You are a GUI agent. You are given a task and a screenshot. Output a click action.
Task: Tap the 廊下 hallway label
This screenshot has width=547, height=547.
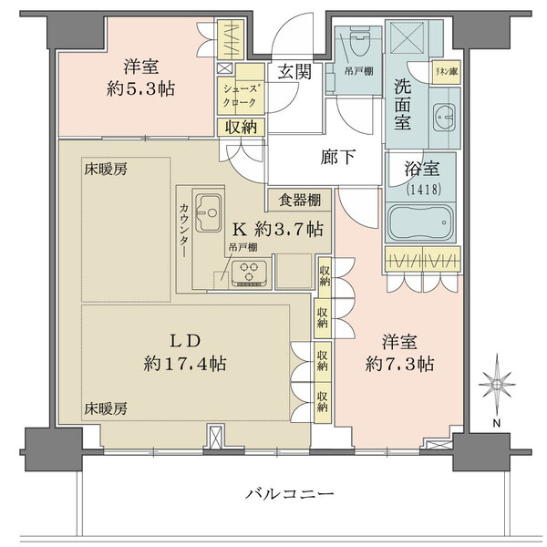336,156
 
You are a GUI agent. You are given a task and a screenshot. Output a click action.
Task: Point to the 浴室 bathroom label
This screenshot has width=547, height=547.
423,170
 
